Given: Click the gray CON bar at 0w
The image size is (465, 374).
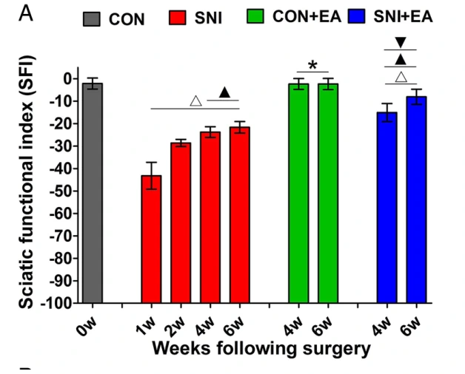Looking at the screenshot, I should (x=93, y=192).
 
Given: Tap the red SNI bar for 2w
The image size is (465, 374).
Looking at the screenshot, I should (x=181, y=222).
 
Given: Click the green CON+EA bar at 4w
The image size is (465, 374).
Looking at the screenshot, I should (x=298, y=192).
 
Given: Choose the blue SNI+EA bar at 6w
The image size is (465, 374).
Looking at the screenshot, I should (x=416, y=200).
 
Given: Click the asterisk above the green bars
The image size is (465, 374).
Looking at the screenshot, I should (x=312, y=65).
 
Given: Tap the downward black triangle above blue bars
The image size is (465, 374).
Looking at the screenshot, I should (x=401, y=43).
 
